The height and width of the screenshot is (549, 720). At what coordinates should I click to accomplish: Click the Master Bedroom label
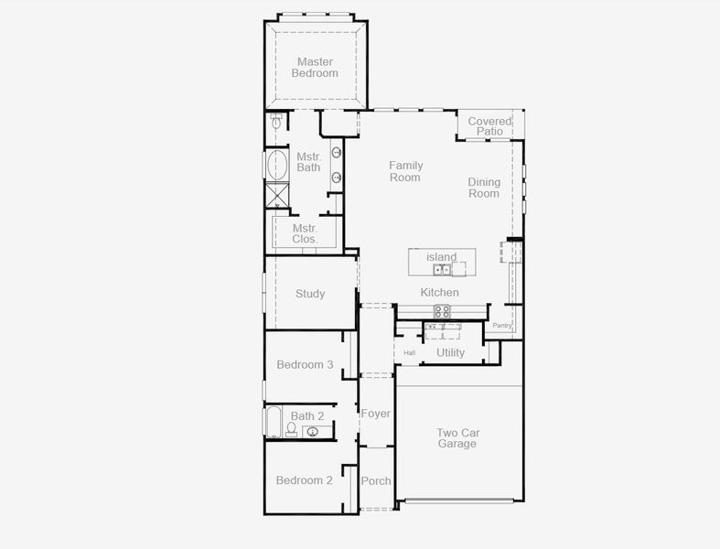(x=315, y=68)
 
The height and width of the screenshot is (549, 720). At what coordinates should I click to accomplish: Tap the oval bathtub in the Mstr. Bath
(x=277, y=166)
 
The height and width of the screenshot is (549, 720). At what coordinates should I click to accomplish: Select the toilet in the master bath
(x=276, y=124)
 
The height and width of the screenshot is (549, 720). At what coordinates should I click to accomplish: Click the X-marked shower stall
(x=276, y=196)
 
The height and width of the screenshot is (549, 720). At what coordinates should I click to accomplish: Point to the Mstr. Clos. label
(x=305, y=233)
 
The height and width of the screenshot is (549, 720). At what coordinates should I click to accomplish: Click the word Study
(x=310, y=294)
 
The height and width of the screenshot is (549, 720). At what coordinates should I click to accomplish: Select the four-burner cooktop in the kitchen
(x=442, y=311)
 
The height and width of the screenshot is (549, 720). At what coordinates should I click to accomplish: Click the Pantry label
(x=501, y=326)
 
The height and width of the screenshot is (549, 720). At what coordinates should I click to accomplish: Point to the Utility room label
(x=450, y=352)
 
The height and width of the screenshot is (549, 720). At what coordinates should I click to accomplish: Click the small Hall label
(x=409, y=352)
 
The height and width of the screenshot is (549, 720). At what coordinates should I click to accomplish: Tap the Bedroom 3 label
(x=305, y=364)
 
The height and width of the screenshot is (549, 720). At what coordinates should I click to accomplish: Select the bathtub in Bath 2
(x=273, y=423)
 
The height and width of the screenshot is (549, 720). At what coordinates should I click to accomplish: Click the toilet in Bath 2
(x=291, y=429)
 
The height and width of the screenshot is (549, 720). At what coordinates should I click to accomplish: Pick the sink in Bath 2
(x=313, y=431)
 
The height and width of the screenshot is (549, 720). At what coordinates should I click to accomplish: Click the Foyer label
(x=375, y=414)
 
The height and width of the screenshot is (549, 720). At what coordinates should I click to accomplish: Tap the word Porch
(x=375, y=480)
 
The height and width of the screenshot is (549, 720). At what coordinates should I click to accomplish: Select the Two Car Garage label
(x=457, y=438)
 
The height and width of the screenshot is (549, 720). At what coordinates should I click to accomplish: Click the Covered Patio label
(x=489, y=126)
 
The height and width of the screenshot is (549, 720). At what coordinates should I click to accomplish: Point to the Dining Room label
(x=484, y=188)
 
